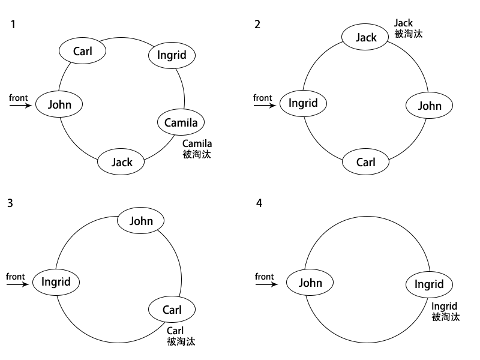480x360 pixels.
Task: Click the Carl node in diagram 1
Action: (x=82, y=51)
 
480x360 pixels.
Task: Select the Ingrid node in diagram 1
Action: (x=172, y=55)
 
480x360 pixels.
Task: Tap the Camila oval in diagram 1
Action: (x=181, y=122)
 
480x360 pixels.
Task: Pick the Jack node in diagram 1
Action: (x=121, y=162)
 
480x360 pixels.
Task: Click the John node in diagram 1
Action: (x=59, y=104)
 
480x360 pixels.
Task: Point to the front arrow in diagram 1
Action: (x=20, y=106)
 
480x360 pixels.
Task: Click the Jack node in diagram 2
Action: (x=365, y=37)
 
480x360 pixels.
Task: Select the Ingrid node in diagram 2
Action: (x=304, y=103)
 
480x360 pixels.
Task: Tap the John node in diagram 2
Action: (x=429, y=106)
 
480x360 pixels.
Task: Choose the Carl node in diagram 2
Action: (x=365, y=162)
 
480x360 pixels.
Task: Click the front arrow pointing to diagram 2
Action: (x=265, y=106)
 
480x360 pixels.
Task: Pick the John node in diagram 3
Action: (x=141, y=220)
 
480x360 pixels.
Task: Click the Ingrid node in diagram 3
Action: (x=56, y=282)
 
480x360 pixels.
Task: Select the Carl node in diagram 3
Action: (x=172, y=309)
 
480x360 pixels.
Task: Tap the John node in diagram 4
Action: (x=310, y=282)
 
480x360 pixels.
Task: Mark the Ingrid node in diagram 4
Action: (x=429, y=284)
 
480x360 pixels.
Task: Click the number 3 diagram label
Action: (x=10, y=203)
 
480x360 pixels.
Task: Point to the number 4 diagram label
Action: (x=259, y=203)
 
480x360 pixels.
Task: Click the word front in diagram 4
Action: (x=265, y=277)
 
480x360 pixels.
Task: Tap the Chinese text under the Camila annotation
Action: (x=197, y=154)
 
